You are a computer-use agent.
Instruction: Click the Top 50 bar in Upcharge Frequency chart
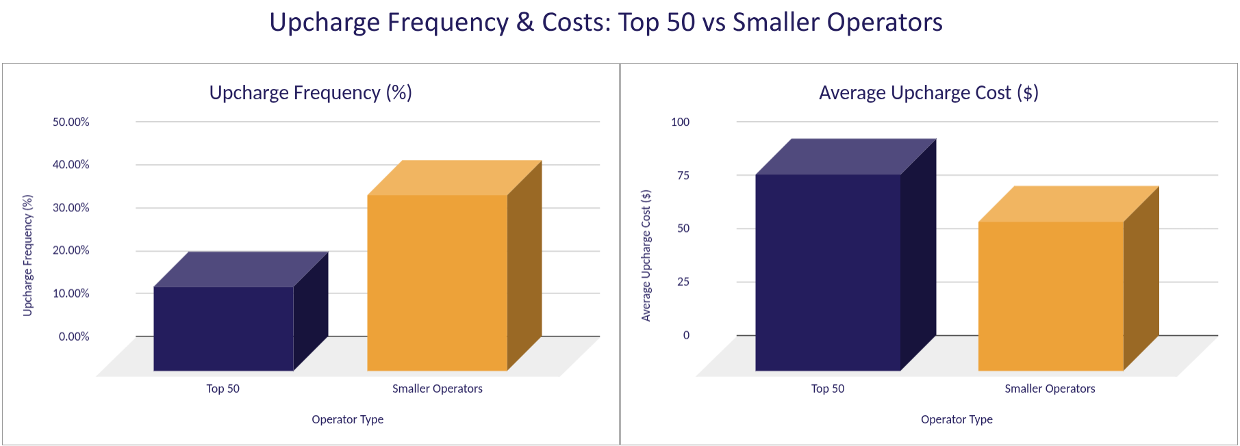[223, 328]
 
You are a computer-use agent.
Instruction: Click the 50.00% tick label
[71, 122]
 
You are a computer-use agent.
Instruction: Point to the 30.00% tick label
[71, 208]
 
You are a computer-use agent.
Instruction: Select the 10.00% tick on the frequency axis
[71, 293]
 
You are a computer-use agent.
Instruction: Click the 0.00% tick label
[74, 337]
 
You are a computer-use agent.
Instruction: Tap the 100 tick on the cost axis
[680, 122]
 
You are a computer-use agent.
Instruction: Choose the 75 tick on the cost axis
[683, 176]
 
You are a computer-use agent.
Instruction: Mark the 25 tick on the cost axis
[683, 282]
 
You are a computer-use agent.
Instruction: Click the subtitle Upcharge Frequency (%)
[310, 93]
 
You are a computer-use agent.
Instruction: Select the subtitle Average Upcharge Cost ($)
[928, 93]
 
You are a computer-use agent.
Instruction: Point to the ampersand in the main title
[525, 23]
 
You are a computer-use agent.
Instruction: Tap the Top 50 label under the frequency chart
[223, 389]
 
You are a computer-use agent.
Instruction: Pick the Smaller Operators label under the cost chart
[1050, 389]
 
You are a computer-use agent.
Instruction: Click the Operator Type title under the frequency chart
[347, 419]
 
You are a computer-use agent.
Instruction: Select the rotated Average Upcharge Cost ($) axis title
[646, 255]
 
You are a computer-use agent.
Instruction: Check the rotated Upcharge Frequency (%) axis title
[28, 255]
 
